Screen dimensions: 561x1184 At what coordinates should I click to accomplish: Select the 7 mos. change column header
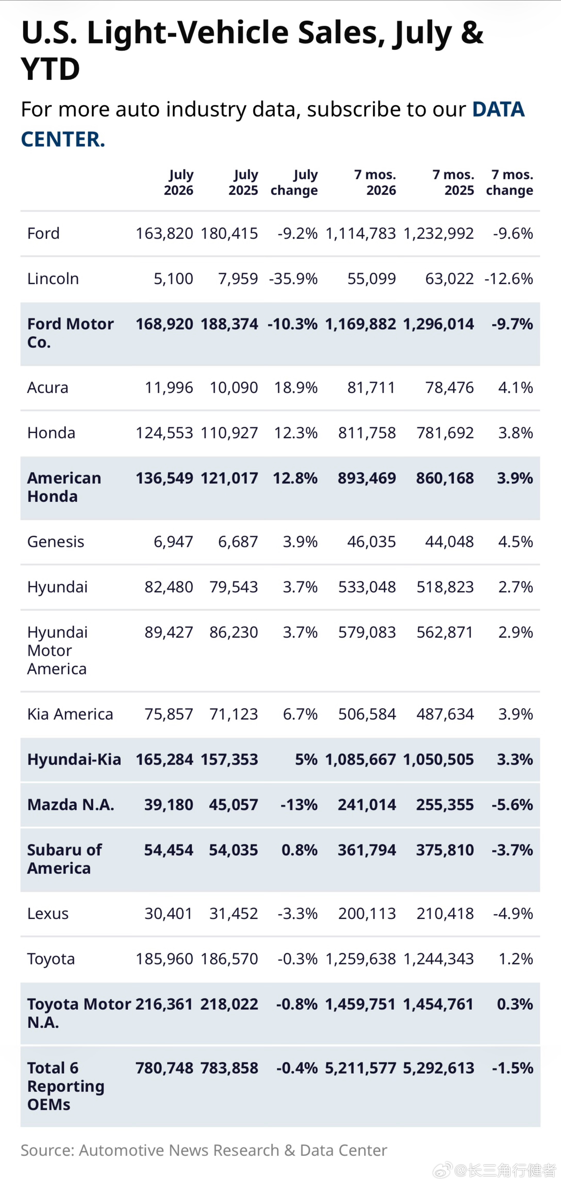coord(509,182)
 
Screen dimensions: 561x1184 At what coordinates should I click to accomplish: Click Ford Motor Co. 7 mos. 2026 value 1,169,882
coord(361,324)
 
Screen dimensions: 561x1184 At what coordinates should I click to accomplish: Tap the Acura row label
coord(48,387)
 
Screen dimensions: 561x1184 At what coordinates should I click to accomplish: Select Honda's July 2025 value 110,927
coord(229,433)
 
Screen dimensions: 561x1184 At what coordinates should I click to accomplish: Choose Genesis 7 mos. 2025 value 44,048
coord(449,541)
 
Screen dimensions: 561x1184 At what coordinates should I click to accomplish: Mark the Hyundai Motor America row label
coord(57,650)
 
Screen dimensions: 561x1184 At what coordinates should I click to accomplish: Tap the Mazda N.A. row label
coord(71,805)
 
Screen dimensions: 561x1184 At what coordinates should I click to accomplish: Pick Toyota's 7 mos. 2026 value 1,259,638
coord(361,959)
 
